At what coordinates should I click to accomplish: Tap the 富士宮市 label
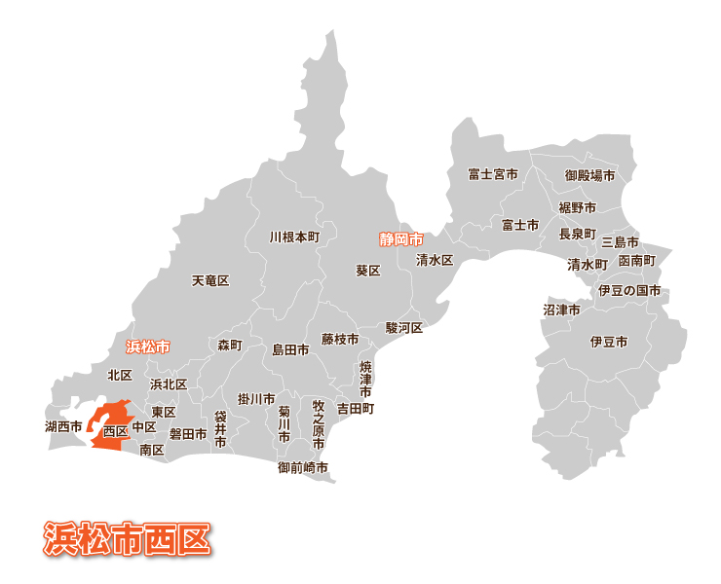pyautogui.click(x=493, y=175)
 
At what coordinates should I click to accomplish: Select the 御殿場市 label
pyautogui.click(x=589, y=176)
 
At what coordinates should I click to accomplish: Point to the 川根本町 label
pyautogui.click(x=294, y=237)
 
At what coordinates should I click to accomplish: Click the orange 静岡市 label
pyautogui.click(x=400, y=238)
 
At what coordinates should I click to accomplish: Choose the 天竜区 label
pyautogui.click(x=209, y=280)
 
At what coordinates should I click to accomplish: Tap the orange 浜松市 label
pyautogui.click(x=148, y=347)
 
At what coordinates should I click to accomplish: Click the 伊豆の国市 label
pyautogui.click(x=628, y=291)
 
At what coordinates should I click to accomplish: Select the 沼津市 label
pyautogui.click(x=561, y=310)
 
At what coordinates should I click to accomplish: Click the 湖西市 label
pyautogui.click(x=63, y=426)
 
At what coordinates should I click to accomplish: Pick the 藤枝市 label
pyautogui.click(x=340, y=340)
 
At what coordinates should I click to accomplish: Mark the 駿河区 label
pyautogui.click(x=403, y=328)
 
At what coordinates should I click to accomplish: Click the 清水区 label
pyautogui.click(x=435, y=260)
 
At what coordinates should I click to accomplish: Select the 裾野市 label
pyautogui.click(x=577, y=207)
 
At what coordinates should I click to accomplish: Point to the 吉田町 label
pyautogui.click(x=355, y=409)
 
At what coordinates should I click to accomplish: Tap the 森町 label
pyautogui.click(x=229, y=346)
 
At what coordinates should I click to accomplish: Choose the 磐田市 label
pyautogui.click(x=188, y=434)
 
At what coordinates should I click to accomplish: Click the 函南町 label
pyautogui.click(x=637, y=261)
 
